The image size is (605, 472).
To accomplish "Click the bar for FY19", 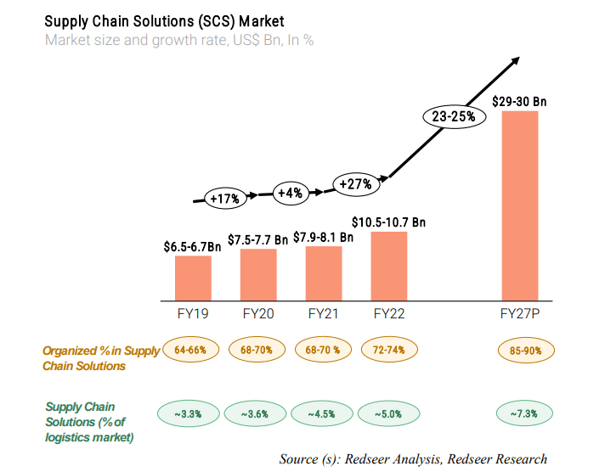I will (193, 278).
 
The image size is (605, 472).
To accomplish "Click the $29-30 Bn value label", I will (519, 102).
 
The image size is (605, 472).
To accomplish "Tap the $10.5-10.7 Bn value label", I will (389, 222).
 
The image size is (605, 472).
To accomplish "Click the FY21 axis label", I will (324, 314).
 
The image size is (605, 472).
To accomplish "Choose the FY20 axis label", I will (258, 314).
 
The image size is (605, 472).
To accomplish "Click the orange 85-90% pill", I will (519, 349).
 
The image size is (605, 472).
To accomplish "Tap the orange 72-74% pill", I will (389, 349).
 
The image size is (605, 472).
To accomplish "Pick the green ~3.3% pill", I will (188, 413).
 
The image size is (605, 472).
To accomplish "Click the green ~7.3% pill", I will (519, 413).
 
